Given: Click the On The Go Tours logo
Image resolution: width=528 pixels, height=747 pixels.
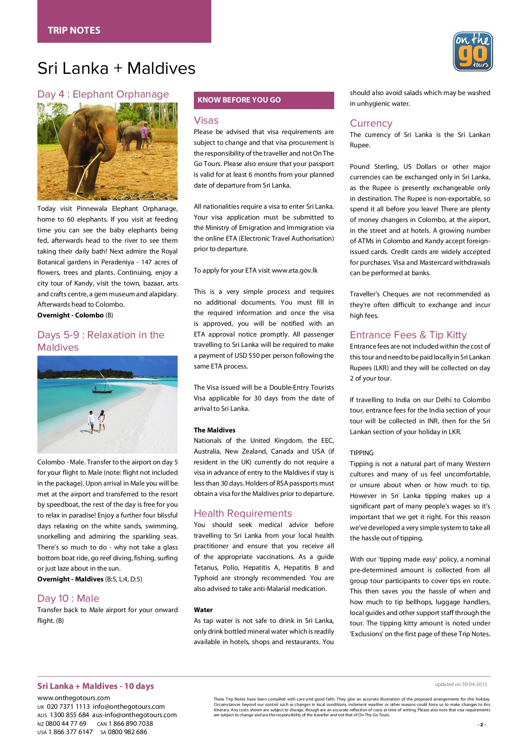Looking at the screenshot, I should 473,51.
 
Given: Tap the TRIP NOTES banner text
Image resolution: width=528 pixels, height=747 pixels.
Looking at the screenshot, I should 74,30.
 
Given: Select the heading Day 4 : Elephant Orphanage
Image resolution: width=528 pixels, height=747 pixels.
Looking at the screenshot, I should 103,94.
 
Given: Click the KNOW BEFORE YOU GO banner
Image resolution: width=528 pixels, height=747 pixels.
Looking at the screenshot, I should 239,100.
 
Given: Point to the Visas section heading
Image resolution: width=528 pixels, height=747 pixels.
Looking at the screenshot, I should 206,120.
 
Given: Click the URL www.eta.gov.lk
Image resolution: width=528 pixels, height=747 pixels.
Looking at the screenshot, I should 295,271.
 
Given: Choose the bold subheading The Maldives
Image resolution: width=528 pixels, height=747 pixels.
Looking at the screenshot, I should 215,430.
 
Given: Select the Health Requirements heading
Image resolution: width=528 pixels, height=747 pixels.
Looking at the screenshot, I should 243,513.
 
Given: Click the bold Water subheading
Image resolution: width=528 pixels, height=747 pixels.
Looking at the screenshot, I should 203,610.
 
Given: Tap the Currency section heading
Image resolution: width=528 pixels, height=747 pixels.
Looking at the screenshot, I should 371,123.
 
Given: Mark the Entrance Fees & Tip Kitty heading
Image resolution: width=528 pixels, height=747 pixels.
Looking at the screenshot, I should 408,335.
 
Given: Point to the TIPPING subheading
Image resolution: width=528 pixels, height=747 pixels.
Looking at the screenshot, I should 362,453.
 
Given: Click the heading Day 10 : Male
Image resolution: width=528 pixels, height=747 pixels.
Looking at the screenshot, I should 68,598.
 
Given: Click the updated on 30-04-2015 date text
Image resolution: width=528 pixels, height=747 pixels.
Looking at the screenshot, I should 461,684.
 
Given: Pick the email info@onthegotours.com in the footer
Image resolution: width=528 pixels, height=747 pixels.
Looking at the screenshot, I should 129,707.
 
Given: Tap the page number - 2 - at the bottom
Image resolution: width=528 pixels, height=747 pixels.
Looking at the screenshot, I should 482,725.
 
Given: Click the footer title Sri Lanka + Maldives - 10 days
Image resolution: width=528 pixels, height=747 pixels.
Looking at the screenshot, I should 95,686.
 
